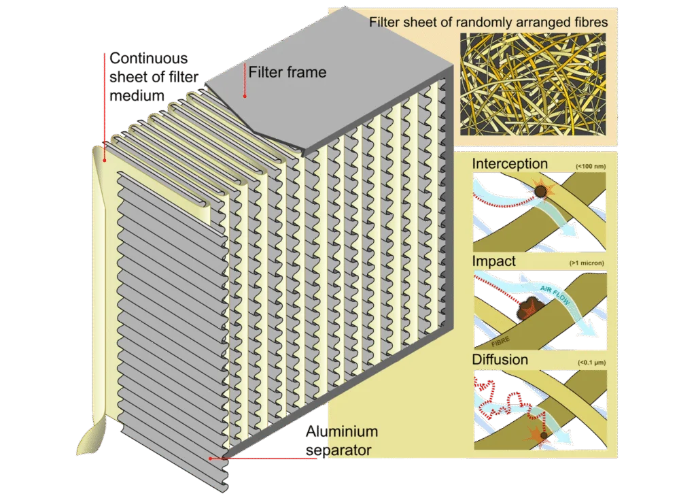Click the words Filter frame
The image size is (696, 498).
coord(287,72)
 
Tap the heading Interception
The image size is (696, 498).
coord(509,164)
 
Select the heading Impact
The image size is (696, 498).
coord(493,261)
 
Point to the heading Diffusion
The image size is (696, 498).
coord(500,359)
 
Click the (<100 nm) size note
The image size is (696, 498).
coord(590,166)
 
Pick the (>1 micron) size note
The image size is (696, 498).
coord(587,263)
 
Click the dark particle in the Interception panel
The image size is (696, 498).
coord(540,192)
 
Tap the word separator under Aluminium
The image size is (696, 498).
coord(338,450)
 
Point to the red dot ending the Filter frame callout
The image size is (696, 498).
coord(245,95)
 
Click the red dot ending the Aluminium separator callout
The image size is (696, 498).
coord(211,459)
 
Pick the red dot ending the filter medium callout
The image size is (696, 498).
coord(104,161)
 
